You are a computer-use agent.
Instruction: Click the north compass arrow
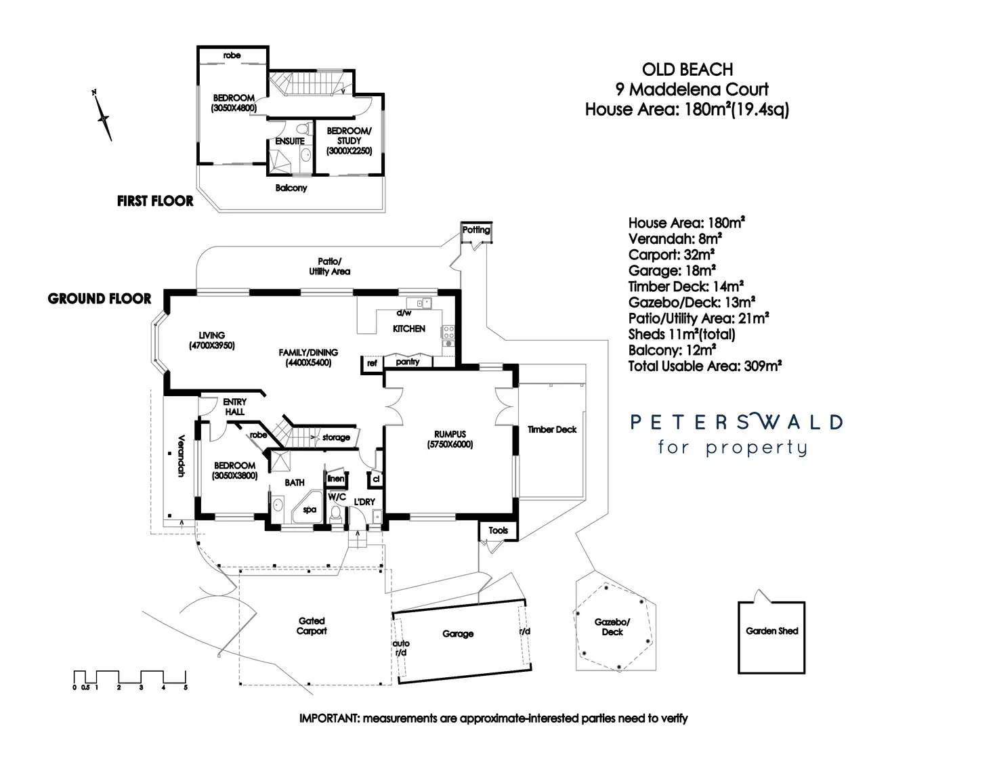pyautogui.click(x=104, y=116)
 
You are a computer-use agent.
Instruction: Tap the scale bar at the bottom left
pyautogui.click(x=129, y=677)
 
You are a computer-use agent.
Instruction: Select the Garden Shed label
pyautogui.click(x=771, y=631)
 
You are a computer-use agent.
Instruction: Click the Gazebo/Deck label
pyautogui.click(x=612, y=627)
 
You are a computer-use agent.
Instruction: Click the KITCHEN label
pyautogui.click(x=409, y=328)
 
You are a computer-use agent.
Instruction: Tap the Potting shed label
pyautogui.click(x=476, y=230)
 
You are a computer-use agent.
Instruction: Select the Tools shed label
pyautogui.click(x=498, y=530)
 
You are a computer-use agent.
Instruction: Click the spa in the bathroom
pyautogui.click(x=310, y=509)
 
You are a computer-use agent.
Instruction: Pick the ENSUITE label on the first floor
pyautogui.click(x=290, y=141)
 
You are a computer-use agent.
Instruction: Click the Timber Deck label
pyautogui.click(x=552, y=429)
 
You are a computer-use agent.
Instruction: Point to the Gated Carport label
pyautogui.click(x=312, y=626)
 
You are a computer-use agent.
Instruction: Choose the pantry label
pyautogui.click(x=408, y=362)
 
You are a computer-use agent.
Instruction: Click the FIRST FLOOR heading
pyautogui.click(x=155, y=201)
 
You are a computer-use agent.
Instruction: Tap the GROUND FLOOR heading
pyautogui.click(x=100, y=299)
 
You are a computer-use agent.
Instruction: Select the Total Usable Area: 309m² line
pyautogui.click(x=705, y=366)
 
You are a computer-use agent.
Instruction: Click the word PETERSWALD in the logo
pyautogui.click(x=736, y=423)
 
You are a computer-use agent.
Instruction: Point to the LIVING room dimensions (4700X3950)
pyautogui.click(x=211, y=345)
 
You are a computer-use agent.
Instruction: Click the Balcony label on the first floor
pyautogui.click(x=291, y=188)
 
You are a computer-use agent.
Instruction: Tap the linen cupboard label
pyautogui.click(x=336, y=479)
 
